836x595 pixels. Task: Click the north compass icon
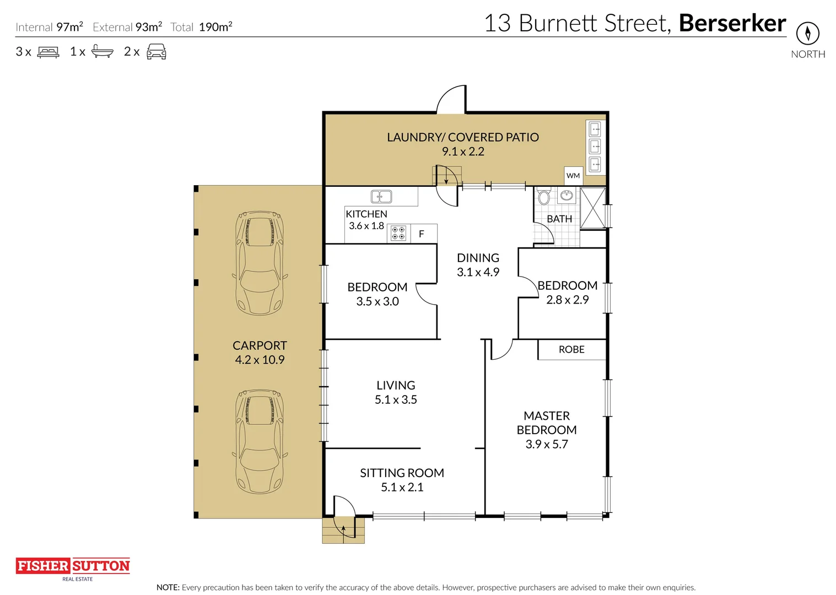[x=807, y=34]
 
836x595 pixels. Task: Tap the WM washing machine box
[x=573, y=175]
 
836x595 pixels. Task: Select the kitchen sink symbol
[x=381, y=197]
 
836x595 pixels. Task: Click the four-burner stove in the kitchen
[x=398, y=233]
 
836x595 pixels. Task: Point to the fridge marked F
[x=422, y=234]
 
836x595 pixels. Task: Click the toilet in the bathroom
[x=543, y=197]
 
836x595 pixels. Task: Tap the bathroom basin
[x=566, y=194]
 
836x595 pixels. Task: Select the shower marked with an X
[x=592, y=208]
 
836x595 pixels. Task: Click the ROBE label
[x=571, y=349]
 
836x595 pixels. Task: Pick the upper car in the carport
[x=260, y=262]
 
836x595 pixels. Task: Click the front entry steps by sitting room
[x=343, y=530]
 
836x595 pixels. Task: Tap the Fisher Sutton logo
[x=73, y=567]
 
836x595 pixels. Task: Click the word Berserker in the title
[x=732, y=23]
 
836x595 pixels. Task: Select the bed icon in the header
[x=48, y=52]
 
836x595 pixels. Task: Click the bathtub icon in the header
[x=102, y=52]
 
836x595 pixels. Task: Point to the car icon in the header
[x=156, y=52]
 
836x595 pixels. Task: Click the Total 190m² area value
[x=215, y=27]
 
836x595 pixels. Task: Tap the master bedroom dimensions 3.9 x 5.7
[x=546, y=444]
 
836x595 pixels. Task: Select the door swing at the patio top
[x=452, y=100]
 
